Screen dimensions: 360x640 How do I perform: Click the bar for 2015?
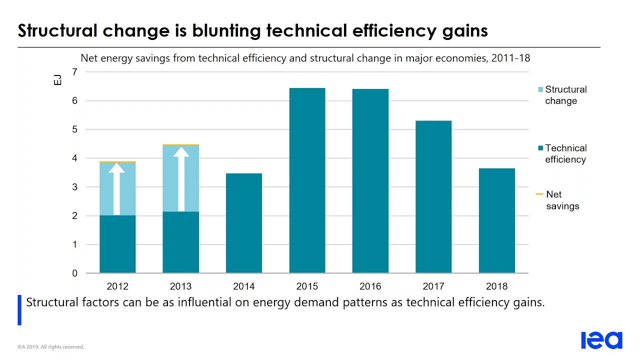click(307, 180)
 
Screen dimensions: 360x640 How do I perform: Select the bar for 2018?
click(496, 220)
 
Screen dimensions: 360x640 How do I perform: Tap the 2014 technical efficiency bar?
click(244, 223)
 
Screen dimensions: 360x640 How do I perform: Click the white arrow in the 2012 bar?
click(117, 188)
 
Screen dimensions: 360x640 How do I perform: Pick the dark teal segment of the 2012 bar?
click(117, 244)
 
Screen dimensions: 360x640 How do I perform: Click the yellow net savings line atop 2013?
click(181, 145)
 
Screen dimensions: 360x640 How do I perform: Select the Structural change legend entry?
click(565, 95)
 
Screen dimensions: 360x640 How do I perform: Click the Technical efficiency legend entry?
click(565, 153)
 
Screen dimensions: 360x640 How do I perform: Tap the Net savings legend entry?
click(562, 200)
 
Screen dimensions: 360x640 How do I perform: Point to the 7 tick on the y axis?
click(75, 72)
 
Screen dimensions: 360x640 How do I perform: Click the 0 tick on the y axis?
click(75, 273)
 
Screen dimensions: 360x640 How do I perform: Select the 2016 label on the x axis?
click(370, 286)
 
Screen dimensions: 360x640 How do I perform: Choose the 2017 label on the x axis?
click(433, 286)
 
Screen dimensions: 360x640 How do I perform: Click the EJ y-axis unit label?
click(58, 79)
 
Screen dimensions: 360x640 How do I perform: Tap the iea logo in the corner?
click(601, 340)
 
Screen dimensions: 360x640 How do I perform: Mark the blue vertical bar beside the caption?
click(19, 310)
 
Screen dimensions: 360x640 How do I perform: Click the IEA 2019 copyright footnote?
click(51, 347)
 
